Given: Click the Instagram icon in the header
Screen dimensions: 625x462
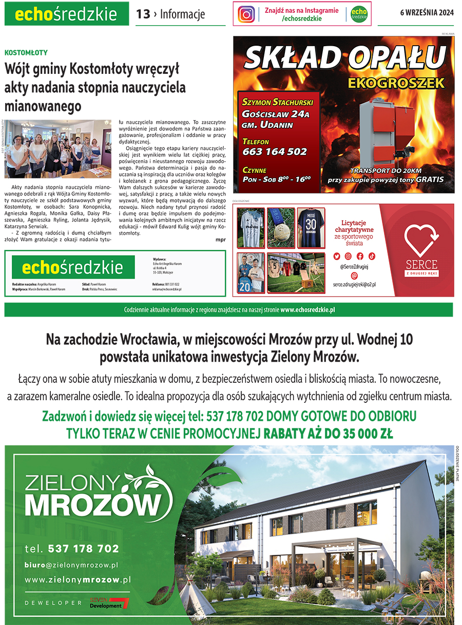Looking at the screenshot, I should point(246,14).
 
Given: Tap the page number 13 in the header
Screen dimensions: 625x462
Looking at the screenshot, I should point(143,14).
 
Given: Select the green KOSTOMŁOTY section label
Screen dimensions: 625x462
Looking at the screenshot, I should point(26,52).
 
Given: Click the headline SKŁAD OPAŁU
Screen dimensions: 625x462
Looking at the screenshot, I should point(344,58).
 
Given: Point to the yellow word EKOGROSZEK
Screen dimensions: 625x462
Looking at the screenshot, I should point(395,83).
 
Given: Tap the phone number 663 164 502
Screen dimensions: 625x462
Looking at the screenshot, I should point(274,152).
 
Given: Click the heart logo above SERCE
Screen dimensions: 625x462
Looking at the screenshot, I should point(421,239).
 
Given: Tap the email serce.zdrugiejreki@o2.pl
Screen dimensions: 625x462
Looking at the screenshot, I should point(354,284).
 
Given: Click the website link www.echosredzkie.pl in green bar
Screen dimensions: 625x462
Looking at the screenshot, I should point(307,310).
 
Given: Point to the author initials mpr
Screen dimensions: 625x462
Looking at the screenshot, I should point(221,239).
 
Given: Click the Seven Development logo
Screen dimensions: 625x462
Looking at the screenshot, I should point(109,603).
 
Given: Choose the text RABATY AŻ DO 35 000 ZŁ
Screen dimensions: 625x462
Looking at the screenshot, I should point(329,434).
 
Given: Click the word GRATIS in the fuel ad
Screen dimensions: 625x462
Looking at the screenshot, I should point(428,181).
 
